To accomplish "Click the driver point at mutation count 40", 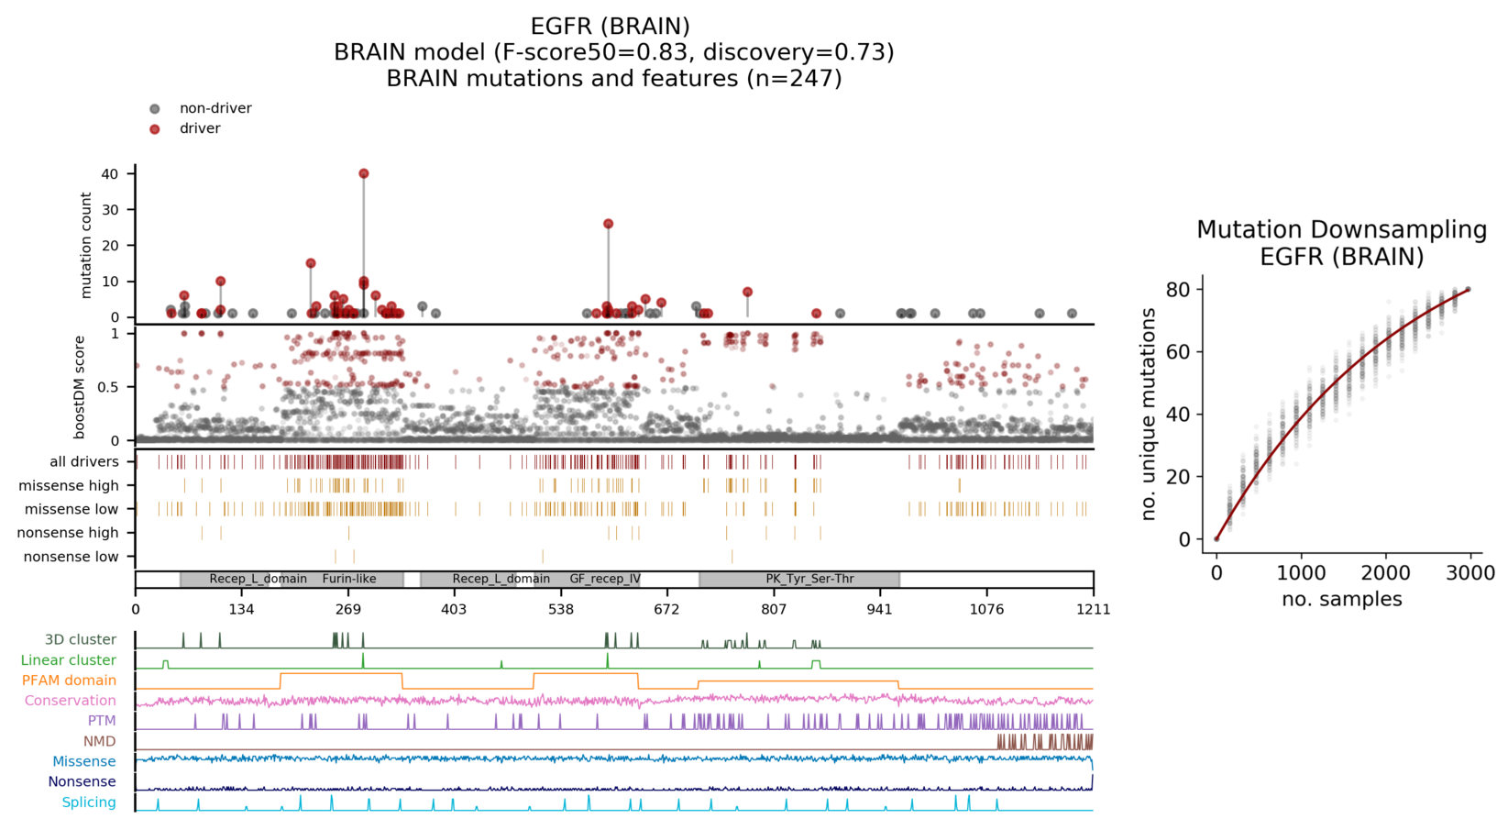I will (x=364, y=173).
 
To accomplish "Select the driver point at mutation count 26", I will (x=608, y=224).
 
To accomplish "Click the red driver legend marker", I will (x=155, y=129).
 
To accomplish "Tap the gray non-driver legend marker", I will (x=155, y=109).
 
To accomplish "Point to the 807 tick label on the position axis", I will (x=773, y=610).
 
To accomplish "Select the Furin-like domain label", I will (x=349, y=579).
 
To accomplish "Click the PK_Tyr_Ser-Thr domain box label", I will (x=809, y=579).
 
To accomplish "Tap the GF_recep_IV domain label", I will (x=604, y=579).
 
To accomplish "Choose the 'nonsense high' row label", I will (x=68, y=533).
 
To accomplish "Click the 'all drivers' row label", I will (x=84, y=462).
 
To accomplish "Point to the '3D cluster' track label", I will (x=81, y=640).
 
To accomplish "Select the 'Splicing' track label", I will (x=89, y=802).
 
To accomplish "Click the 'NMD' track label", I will (x=100, y=741).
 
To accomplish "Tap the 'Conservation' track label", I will (x=71, y=701).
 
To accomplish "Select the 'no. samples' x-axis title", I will (x=1341, y=600).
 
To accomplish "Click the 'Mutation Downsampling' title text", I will (x=1341, y=229).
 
